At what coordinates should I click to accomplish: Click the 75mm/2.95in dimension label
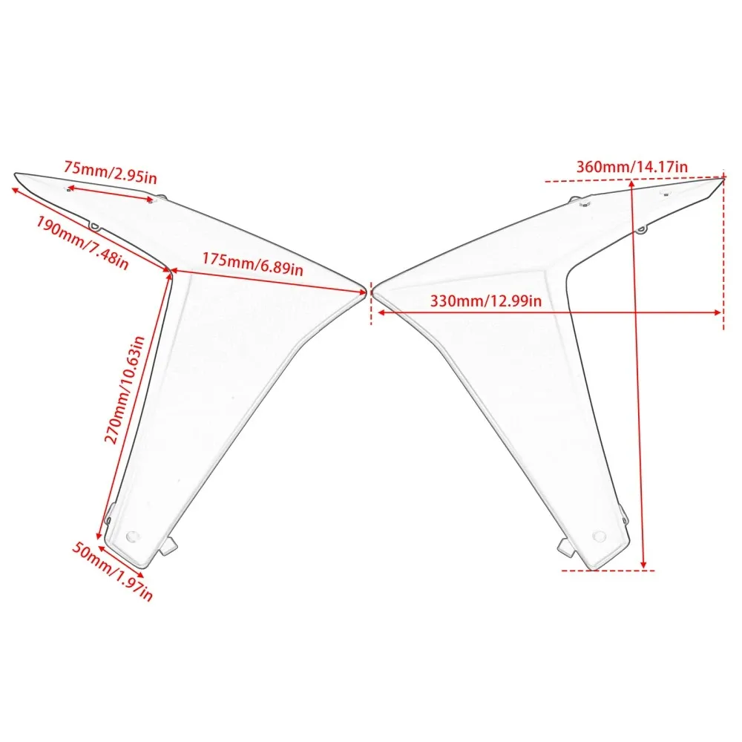coord(111,172)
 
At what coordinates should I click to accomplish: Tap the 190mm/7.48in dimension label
coord(82,243)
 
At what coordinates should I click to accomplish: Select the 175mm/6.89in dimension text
coord(253,263)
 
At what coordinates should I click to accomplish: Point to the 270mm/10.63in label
coord(124,390)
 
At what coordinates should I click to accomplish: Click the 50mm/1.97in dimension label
coord(113,571)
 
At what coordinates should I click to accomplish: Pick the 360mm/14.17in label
coord(631,166)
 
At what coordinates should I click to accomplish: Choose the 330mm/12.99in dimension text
coord(486,301)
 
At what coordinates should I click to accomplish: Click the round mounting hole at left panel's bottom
coord(133,536)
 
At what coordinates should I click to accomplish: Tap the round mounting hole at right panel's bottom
coord(599,536)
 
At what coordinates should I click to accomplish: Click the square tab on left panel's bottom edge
coord(168,547)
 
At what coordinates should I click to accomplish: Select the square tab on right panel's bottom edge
coord(566,547)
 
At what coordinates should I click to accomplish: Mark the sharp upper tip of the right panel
coord(724,178)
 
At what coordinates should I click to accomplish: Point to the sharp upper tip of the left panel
coord(16,174)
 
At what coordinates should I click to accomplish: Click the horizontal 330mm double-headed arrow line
coord(549,312)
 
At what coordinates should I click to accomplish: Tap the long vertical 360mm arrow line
coord(637,374)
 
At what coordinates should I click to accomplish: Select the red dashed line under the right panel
coord(608,570)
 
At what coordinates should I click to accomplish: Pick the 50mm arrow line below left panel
coord(121,561)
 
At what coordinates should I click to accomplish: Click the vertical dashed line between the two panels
coord(372,303)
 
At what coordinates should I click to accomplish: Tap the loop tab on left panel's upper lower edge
coord(95,226)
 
